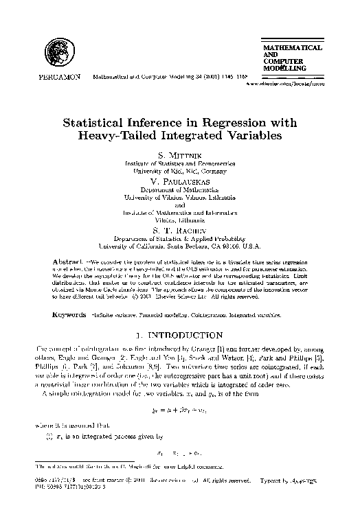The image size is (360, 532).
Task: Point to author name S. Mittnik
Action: pyautogui.click(x=179, y=156)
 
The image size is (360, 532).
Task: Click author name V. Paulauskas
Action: pyautogui.click(x=179, y=180)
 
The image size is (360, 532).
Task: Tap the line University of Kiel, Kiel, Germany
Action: pyautogui.click(x=180, y=171)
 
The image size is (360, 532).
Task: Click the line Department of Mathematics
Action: pyautogui.click(x=180, y=188)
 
